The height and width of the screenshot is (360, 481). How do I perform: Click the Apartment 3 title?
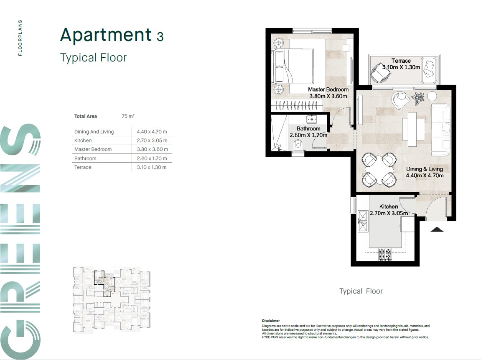(112, 35)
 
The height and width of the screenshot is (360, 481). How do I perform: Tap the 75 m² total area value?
(128, 116)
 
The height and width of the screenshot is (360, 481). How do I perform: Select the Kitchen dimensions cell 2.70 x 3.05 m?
(152, 140)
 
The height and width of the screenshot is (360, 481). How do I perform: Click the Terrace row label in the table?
(83, 167)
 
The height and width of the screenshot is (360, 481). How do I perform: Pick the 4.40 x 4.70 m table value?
(152, 132)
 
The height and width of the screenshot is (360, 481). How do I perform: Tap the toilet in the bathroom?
(298, 145)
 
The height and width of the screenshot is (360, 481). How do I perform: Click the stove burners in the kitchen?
(385, 254)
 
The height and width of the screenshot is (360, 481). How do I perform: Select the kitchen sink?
(363, 221)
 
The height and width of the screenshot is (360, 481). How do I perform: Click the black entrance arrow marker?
(437, 229)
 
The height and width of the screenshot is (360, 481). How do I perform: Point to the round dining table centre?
(379, 170)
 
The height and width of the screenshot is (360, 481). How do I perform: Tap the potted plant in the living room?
(418, 97)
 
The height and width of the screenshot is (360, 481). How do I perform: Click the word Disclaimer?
(271, 321)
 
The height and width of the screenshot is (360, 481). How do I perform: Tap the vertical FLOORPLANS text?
(20, 38)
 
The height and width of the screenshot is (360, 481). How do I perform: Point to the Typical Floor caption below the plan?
(361, 291)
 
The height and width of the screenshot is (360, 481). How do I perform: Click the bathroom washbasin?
(312, 119)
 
